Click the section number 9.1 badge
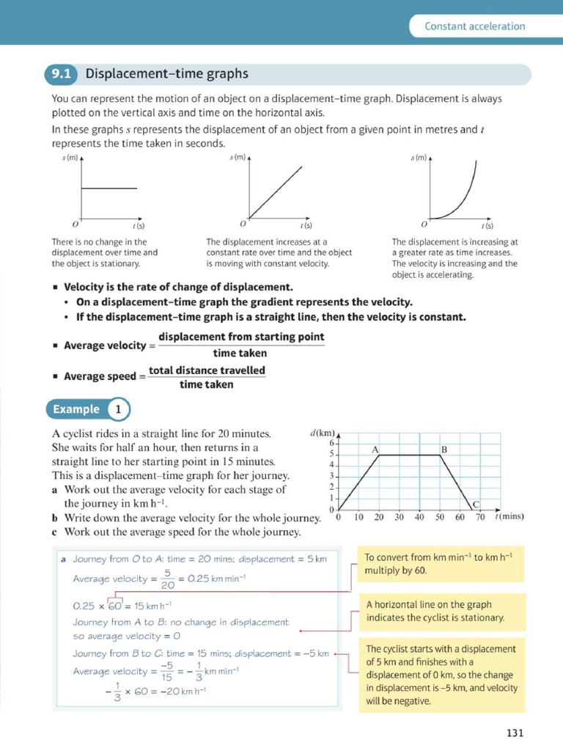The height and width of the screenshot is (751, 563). (61, 74)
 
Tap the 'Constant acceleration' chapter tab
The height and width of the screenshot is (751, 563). (474, 26)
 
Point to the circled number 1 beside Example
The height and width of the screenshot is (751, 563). (119, 409)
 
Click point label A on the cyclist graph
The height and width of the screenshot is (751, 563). (375, 448)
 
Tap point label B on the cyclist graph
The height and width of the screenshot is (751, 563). (444, 448)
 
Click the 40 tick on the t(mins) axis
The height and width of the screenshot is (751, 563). (419, 517)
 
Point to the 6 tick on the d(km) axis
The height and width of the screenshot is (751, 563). (331, 443)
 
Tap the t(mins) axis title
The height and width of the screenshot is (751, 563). (509, 516)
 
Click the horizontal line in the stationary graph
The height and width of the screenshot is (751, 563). (108, 188)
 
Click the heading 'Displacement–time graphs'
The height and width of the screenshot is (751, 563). (166, 74)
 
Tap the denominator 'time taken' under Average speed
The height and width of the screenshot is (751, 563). (207, 384)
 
